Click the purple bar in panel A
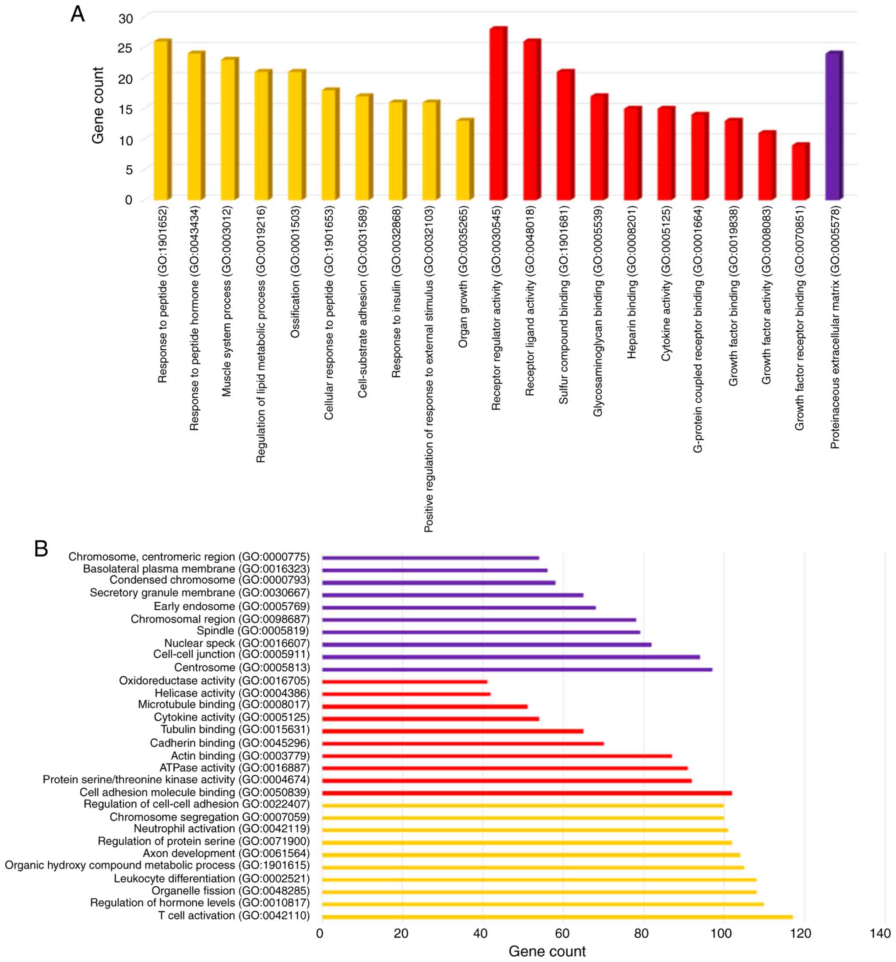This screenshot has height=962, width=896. [833, 126]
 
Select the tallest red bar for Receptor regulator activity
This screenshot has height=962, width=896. [497, 114]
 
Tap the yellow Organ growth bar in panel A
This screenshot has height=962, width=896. [464, 160]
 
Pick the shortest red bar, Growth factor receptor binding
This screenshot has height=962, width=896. [800, 172]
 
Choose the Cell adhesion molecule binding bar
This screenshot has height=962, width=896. [526, 793]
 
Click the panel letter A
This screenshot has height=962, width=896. [78, 15]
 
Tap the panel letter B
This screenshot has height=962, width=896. [41, 549]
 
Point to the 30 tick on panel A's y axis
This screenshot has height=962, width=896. [125, 18]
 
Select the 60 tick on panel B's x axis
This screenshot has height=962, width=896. [562, 933]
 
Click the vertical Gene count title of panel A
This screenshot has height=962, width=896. [98, 105]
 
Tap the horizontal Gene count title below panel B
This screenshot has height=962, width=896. [547, 951]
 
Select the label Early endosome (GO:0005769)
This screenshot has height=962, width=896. [231, 606]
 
